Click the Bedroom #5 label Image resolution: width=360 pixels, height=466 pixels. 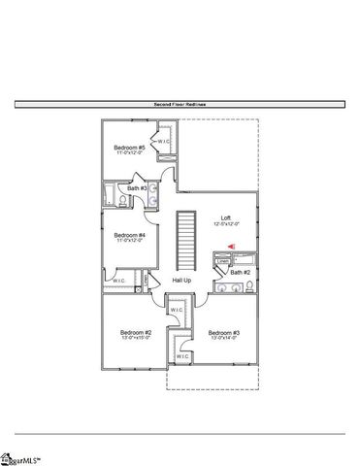pos(129,148)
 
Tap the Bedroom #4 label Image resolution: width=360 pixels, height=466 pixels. pos(129,234)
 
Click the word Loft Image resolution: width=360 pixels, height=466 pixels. pos(226,217)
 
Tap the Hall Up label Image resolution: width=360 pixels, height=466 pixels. pos(181,281)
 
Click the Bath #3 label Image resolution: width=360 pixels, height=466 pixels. pos(137,188)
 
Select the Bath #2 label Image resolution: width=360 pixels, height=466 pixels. pos(241,273)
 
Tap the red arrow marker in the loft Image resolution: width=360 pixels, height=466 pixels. pos(231,246)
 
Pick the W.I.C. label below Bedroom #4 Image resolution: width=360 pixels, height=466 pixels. pos(118,282)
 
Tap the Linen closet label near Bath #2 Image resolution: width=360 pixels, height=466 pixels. pos(223,261)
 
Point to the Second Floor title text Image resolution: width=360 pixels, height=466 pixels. pos(180,103)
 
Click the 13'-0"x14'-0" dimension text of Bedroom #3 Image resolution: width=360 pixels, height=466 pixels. pos(223,338)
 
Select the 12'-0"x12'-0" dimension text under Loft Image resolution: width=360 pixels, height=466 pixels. pos(226,224)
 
